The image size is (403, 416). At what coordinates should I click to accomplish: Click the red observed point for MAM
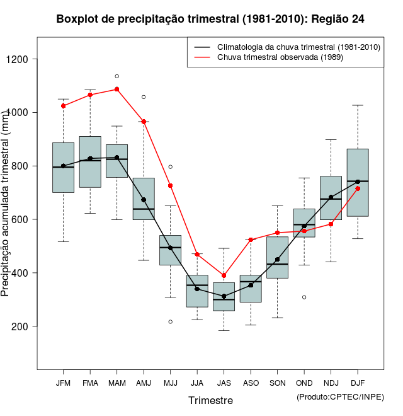[117, 90]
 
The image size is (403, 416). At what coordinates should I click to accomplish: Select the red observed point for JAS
[224, 275]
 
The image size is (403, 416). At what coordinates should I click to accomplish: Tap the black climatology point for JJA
[197, 289]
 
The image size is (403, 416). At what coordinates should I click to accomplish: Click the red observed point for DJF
[358, 188]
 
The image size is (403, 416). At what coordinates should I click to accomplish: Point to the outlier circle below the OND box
[304, 297]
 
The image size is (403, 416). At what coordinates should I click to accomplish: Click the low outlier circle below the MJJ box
[170, 321]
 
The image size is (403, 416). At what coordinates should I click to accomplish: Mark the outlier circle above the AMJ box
[144, 97]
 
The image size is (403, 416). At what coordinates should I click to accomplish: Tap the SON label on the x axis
[277, 383]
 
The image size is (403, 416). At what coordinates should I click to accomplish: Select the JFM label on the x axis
[63, 383]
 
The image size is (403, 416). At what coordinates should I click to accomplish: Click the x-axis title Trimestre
[210, 400]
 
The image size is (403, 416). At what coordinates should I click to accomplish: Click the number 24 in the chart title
[357, 19]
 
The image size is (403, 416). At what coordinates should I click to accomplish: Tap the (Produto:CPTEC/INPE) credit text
[340, 396]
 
